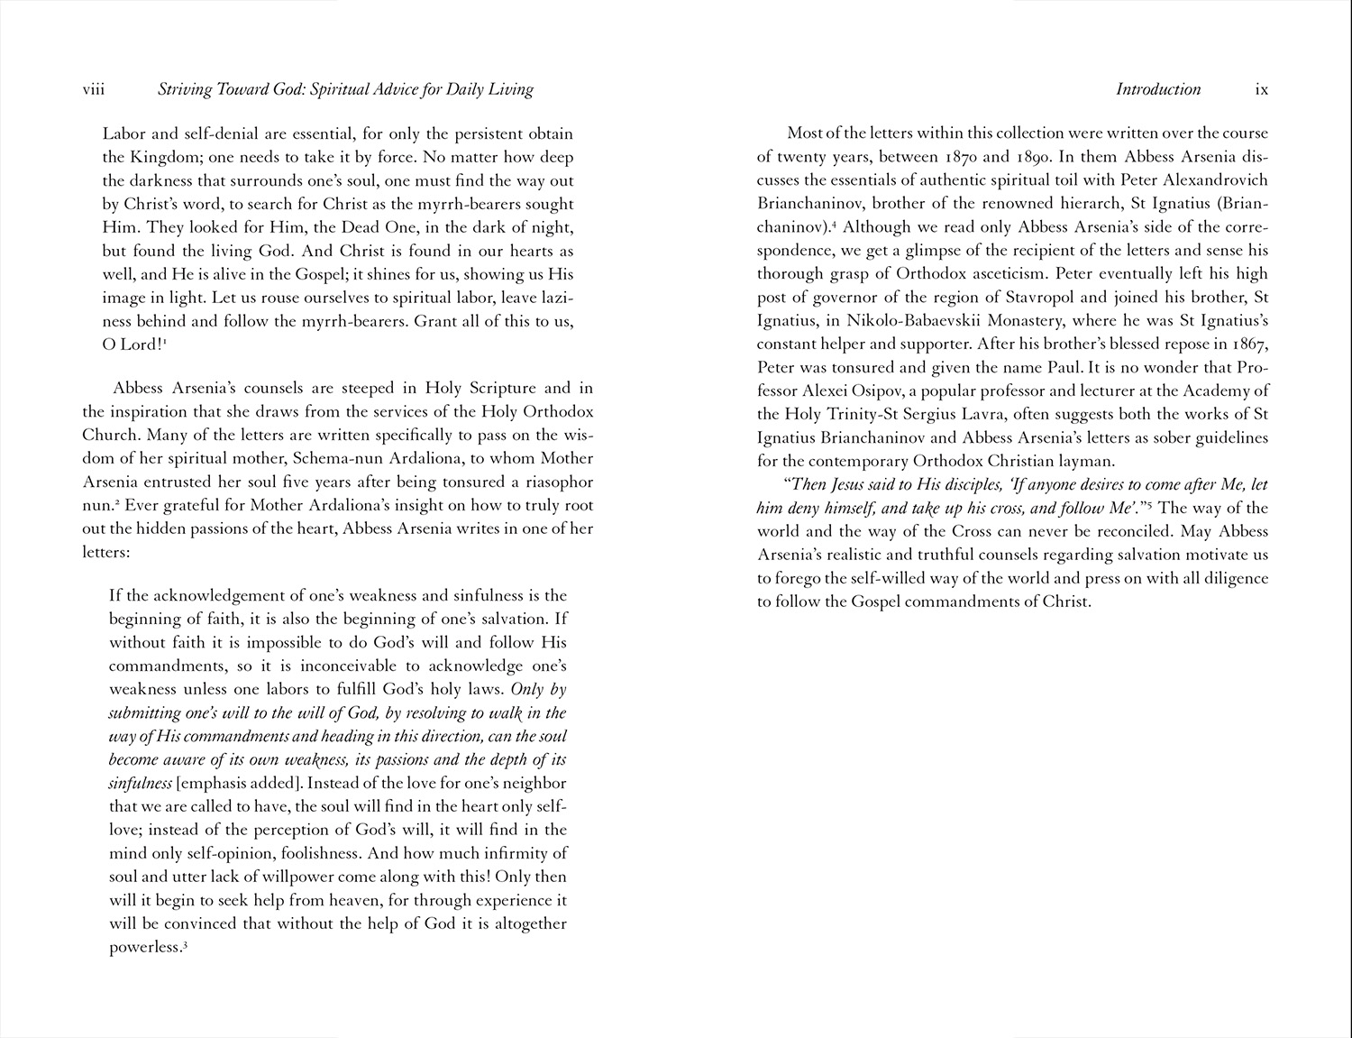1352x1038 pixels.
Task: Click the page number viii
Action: [x=94, y=89]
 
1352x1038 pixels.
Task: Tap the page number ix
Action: [x=1262, y=89]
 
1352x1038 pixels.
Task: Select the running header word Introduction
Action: [x=1158, y=89]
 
